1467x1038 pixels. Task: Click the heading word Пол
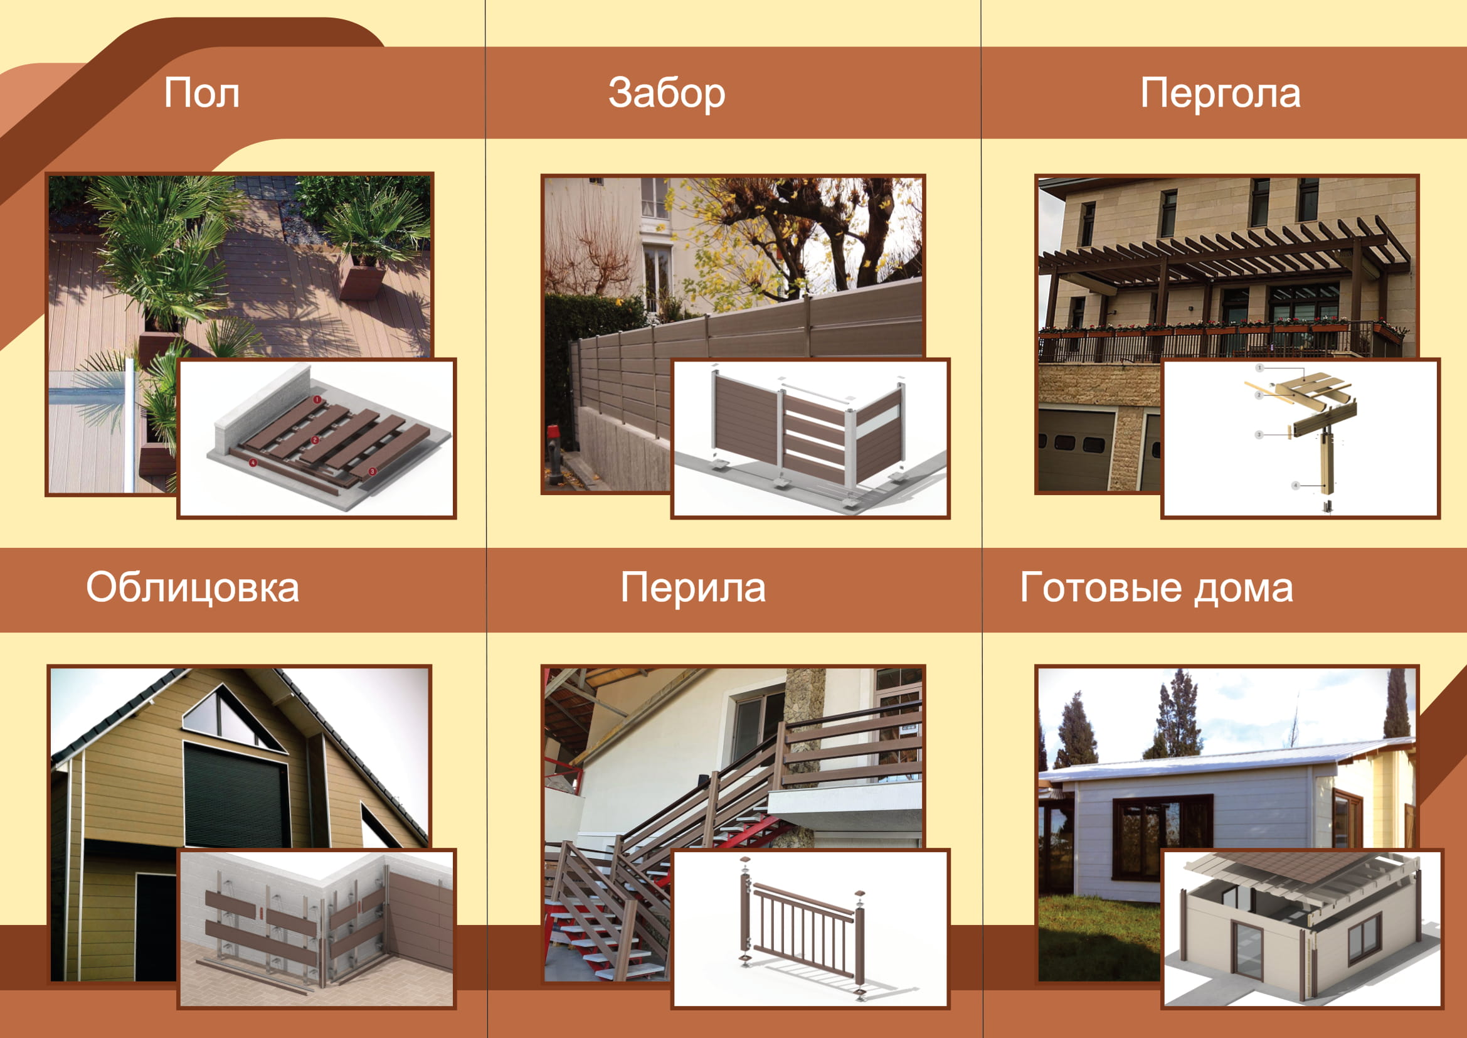click(x=202, y=93)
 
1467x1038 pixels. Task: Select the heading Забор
click(x=667, y=93)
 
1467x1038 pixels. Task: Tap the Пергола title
click(x=1221, y=94)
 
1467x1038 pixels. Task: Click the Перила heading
click(x=693, y=587)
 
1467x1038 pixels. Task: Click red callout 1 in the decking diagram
click(x=317, y=400)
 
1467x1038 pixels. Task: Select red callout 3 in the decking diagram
click(x=373, y=471)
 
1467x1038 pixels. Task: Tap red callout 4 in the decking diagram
click(x=253, y=461)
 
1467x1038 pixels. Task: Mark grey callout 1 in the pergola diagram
click(x=1259, y=368)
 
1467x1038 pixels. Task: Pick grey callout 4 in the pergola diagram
click(x=1296, y=486)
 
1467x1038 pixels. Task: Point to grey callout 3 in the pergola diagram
click(x=1259, y=435)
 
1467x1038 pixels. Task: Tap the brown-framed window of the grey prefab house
click(x=1162, y=837)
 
